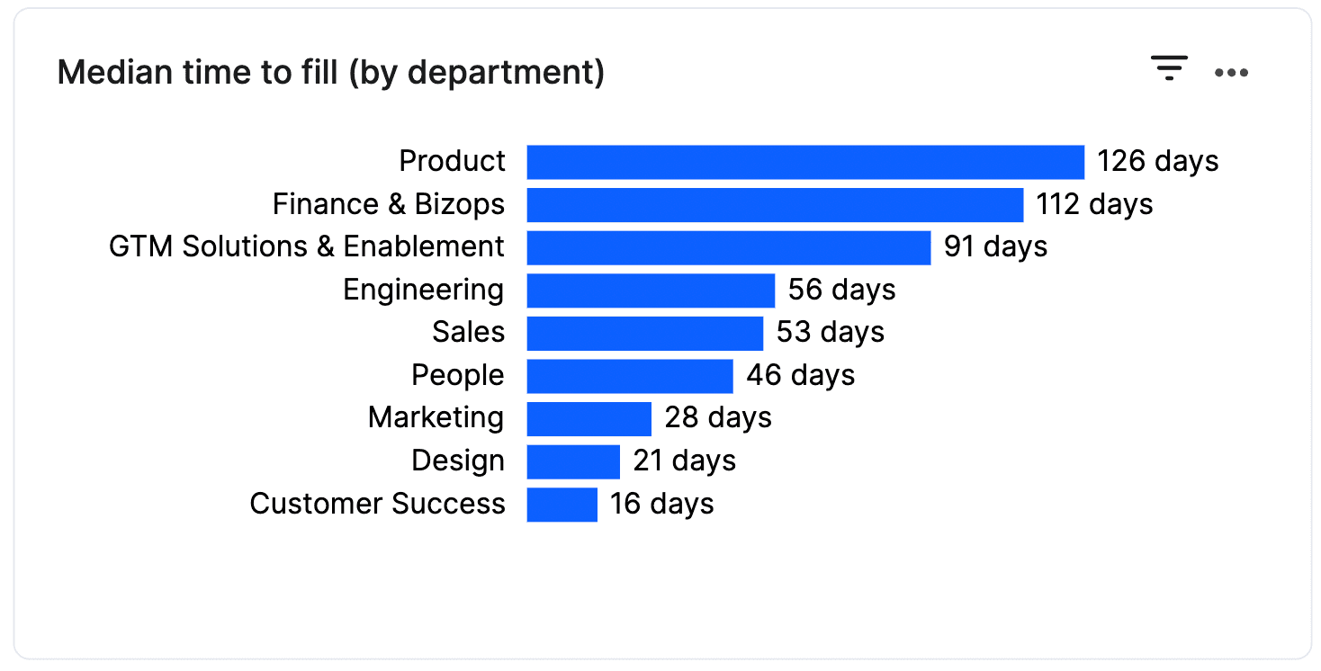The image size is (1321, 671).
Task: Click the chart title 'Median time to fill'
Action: (x=330, y=73)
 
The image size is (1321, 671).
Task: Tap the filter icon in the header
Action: (x=1169, y=68)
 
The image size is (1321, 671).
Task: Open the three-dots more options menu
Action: (x=1231, y=73)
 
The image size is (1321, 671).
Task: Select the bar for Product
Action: (x=805, y=162)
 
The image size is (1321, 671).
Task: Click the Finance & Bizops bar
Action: (x=775, y=205)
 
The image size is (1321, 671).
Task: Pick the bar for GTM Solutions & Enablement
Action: (x=729, y=247)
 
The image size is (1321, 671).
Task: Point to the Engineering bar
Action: (x=651, y=291)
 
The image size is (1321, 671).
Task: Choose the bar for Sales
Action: (x=645, y=333)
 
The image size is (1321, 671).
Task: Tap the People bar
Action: (x=630, y=376)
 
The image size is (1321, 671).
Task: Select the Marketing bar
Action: (x=589, y=418)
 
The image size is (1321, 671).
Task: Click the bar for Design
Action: (x=573, y=461)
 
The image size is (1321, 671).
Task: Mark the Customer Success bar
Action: (x=562, y=505)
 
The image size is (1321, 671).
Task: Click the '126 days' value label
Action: (x=1157, y=162)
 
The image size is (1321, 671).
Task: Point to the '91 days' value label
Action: (x=995, y=247)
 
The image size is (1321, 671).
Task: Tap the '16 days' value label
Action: (x=661, y=505)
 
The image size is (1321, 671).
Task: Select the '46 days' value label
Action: (x=800, y=376)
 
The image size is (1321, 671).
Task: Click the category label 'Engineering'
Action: (x=424, y=291)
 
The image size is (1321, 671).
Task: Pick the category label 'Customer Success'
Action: (x=377, y=505)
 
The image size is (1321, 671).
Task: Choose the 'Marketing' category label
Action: (x=436, y=418)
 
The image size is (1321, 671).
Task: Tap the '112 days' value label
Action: (x=1094, y=205)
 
